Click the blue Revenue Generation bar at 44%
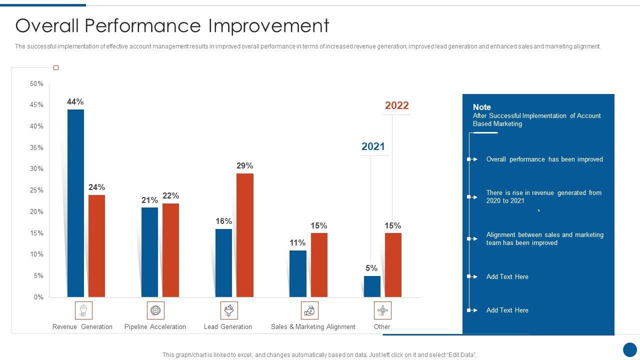pos(75,203)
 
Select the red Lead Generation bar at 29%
pos(245,235)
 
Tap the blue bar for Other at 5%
pos(372,286)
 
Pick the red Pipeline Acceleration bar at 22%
pos(170,250)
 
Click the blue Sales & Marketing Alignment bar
pos(297,273)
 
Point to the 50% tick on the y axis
pos(36,84)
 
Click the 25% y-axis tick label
pos(36,190)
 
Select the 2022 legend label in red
pos(396,105)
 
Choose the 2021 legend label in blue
pos(373,146)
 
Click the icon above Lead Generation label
pos(229,310)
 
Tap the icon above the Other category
pos(382,310)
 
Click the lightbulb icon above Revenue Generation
pos(83,310)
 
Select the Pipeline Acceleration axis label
pos(155,327)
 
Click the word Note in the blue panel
pos(482,107)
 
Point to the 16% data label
pos(223,221)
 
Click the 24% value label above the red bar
pos(96,187)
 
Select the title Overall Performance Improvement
pos(172,25)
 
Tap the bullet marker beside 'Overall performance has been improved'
pos(472,159)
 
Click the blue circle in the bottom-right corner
pos(630,349)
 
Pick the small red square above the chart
pos(56,67)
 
